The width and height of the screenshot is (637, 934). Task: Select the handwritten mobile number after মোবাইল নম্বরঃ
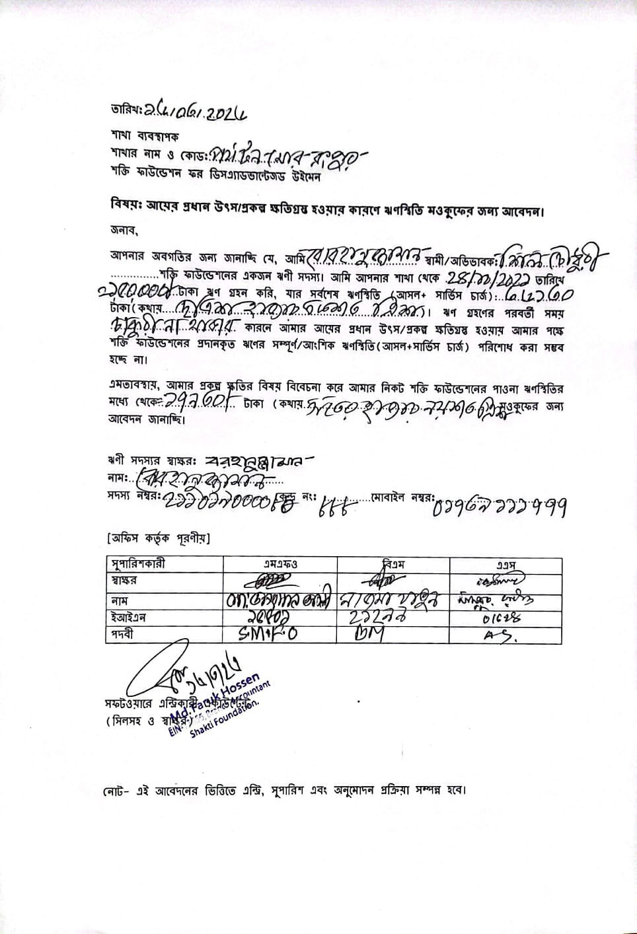point(500,507)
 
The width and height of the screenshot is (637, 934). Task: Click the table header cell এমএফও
point(280,564)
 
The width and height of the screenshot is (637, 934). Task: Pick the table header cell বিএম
point(394,564)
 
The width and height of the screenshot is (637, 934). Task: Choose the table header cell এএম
point(506,564)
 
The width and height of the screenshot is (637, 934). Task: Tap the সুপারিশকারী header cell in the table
point(138,563)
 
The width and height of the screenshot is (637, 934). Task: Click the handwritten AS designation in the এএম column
point(500,635)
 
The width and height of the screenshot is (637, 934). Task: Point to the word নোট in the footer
point(114,791)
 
